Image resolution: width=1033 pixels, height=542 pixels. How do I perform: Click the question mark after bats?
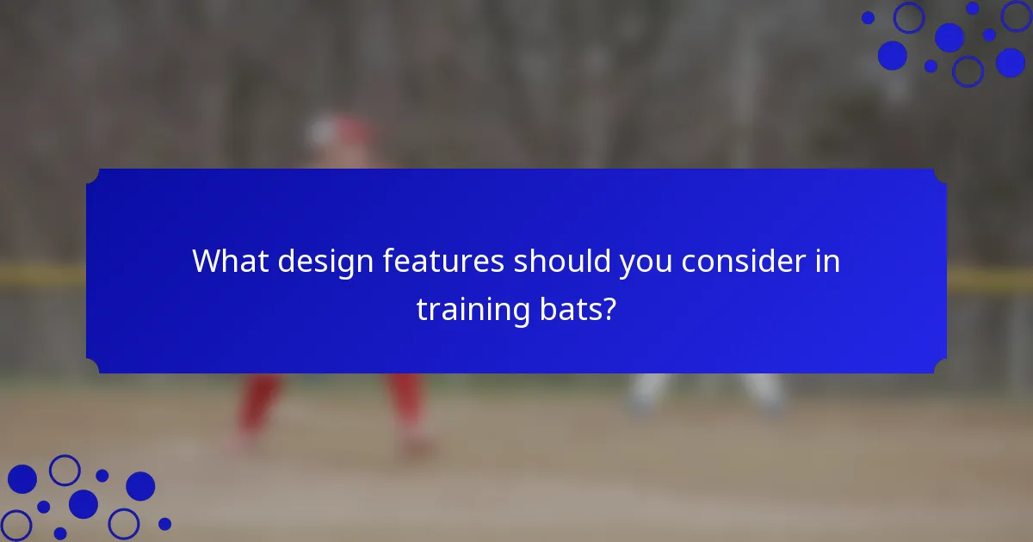(x=609, y=309)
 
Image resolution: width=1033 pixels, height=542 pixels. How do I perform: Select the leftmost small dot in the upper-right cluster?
(x=868, y=17)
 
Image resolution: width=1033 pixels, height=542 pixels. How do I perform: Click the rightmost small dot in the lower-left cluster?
(x=164, y=523)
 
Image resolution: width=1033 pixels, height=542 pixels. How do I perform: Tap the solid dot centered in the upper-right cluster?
(x=949, y=37)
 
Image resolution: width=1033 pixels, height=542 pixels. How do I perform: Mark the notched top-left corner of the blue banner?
(x=93, y=176)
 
